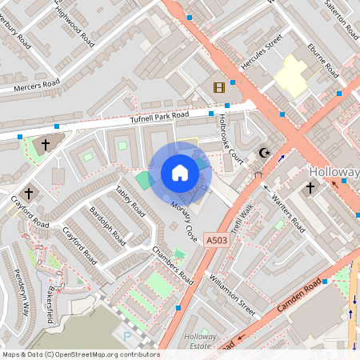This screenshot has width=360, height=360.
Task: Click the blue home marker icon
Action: coord(180,174)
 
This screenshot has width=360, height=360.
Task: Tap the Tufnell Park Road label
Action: coord(158,117)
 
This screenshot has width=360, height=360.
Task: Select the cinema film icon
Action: coord(219,86)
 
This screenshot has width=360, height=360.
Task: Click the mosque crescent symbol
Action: coord(266,153)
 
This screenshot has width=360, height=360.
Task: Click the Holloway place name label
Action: coord(334,172)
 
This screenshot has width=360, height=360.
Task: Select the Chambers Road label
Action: coord(173,265)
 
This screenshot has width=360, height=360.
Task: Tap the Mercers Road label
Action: coord(37,84)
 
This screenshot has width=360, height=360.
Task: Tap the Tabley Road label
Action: coord(130,199)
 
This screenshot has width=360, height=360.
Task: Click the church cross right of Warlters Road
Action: coord(310,188)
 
